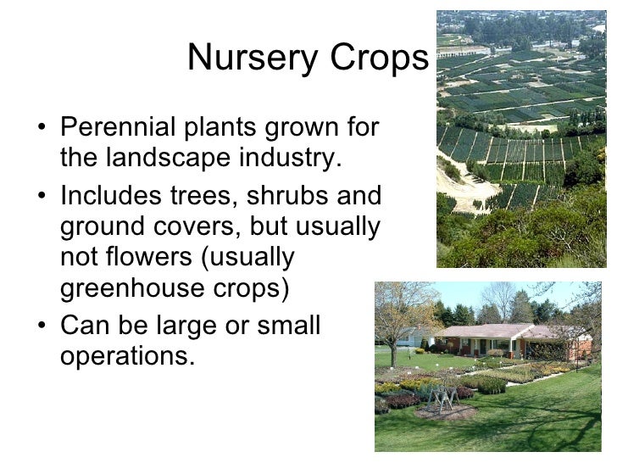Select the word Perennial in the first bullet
coord(116,129)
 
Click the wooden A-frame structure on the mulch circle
coord(441,399)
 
